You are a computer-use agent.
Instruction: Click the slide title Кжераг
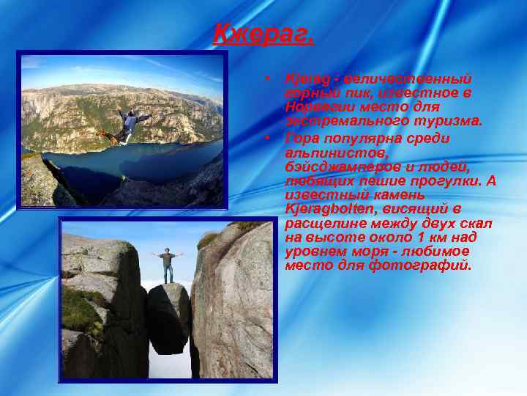(263, 33)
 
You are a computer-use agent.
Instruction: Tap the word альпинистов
(326, 152)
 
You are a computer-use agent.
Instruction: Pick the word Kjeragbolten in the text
(326, 209)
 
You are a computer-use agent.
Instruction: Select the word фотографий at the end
(427, 265)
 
